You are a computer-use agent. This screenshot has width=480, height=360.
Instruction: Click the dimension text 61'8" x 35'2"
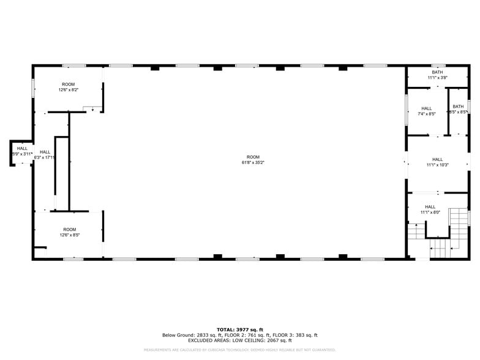point(253,163)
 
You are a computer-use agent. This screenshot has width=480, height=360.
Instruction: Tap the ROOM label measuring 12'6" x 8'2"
point(68,90)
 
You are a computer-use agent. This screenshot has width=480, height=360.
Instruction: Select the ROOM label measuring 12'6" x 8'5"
point(69,234)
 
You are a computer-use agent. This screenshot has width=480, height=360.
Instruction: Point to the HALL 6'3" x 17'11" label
point(45,157)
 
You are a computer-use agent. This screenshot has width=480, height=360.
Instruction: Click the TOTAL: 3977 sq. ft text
point(239,329)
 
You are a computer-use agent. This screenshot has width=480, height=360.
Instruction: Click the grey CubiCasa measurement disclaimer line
point(239,350)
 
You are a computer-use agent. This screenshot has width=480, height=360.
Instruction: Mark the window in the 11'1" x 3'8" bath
point(437,65)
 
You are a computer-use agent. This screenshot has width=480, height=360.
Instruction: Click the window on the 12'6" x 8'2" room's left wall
point(33,88)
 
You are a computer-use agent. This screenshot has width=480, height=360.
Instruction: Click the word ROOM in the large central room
point(253,157)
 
